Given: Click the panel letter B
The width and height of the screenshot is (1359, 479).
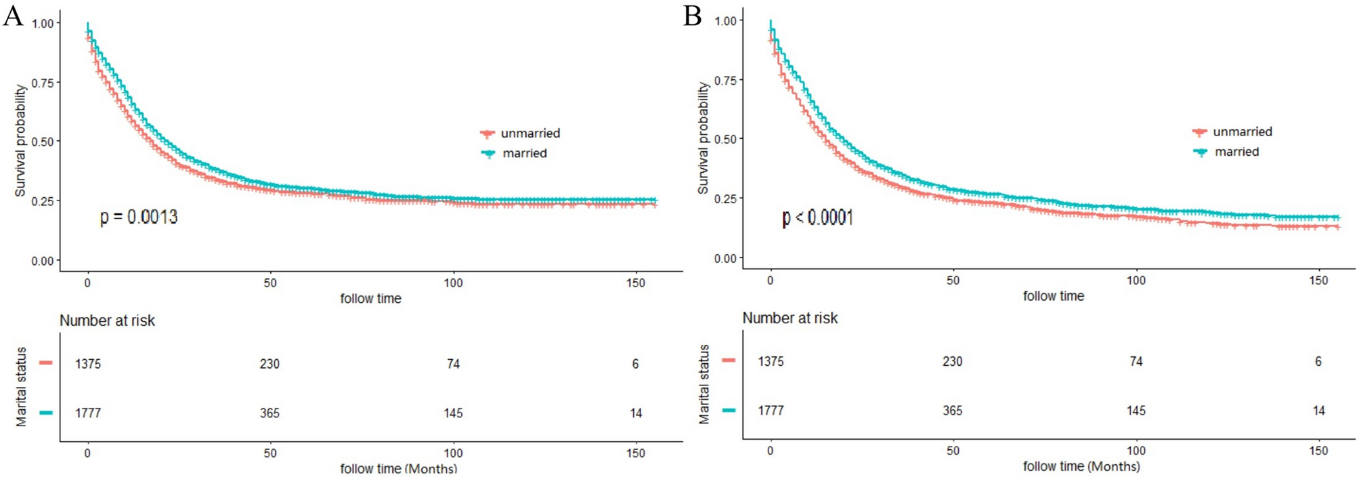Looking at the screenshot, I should point(692,16).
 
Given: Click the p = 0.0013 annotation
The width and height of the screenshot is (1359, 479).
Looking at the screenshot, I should point(139,217).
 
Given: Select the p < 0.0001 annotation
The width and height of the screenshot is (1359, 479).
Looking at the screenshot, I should point(817,217).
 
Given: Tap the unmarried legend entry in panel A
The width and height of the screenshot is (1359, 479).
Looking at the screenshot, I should point(530,133).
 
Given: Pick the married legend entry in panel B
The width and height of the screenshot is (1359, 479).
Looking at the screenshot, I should point(1236,152).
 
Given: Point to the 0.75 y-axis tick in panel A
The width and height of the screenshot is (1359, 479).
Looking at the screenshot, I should point(42,83).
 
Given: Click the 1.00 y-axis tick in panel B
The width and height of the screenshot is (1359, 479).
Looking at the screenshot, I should point(725,21).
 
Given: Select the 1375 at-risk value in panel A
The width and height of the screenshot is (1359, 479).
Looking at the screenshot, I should point(88,364).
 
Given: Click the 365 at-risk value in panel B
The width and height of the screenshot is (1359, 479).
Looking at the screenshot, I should point(952,411).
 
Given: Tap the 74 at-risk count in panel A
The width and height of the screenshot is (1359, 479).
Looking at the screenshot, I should point(453,364).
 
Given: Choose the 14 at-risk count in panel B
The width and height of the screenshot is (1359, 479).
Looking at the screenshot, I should point(1318,411).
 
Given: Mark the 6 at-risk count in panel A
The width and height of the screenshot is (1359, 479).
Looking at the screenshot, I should point(635,364).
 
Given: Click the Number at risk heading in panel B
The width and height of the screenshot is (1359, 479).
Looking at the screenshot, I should point(790,318).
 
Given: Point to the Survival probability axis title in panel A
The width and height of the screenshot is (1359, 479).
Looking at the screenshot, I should point(20,140).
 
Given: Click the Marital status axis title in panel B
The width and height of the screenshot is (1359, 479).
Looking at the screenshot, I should point(704,384).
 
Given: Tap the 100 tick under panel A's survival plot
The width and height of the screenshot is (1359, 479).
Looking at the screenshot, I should point(453,283).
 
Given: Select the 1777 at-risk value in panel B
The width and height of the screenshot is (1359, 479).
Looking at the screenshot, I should point(771,411).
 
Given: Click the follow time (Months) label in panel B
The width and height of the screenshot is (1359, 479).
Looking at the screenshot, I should point(1081,466).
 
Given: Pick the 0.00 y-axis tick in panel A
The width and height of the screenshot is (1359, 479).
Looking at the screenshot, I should point(42,261).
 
